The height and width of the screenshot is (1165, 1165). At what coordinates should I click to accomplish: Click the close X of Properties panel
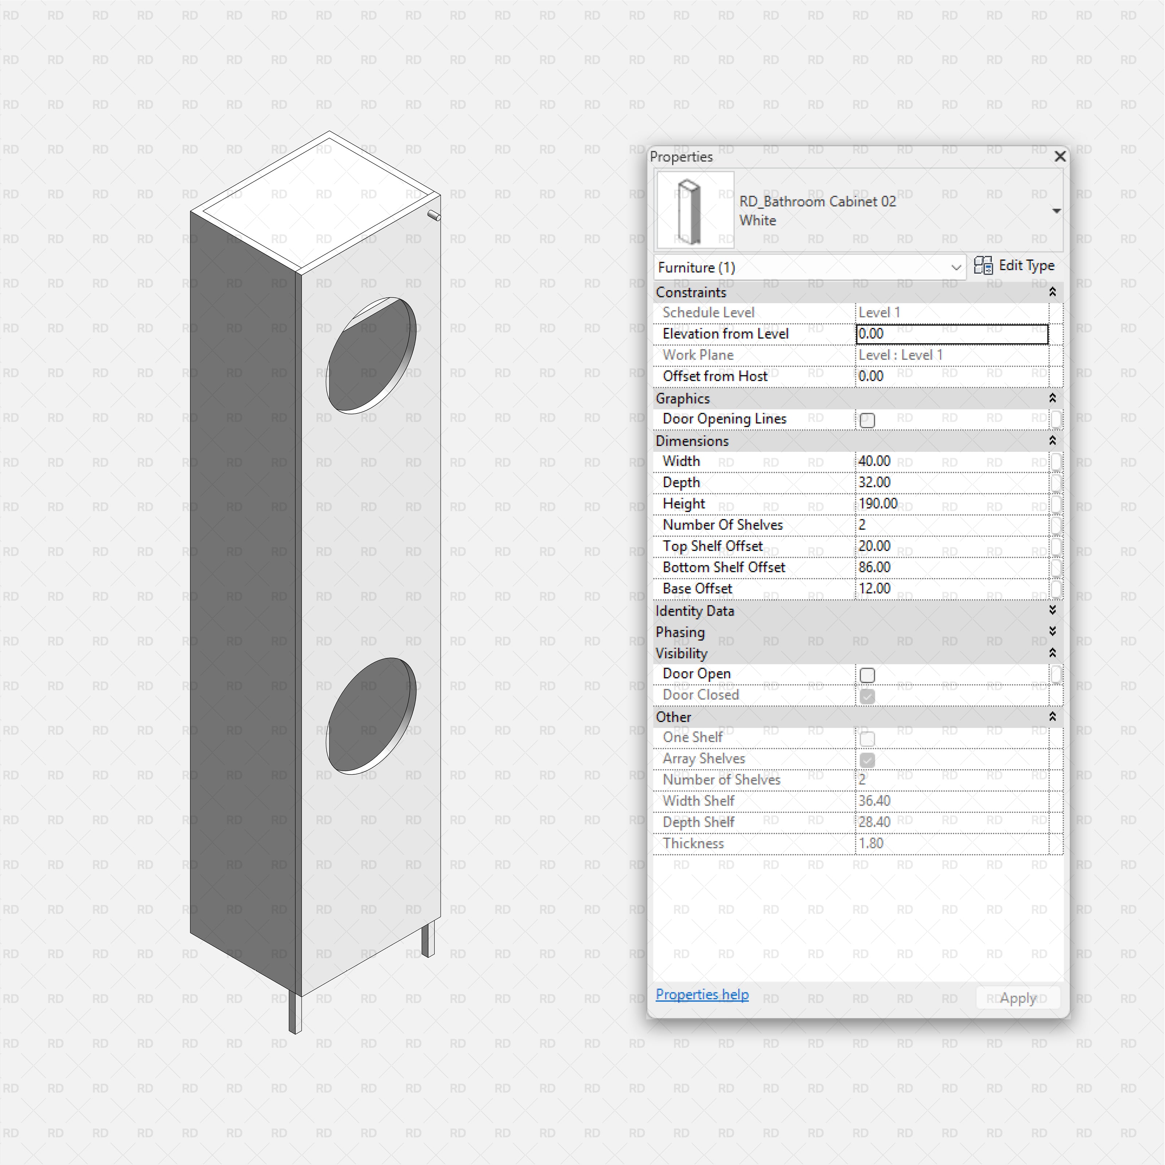(x=1059, y=157)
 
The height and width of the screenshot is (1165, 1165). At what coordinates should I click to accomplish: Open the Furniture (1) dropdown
(x=955, y=268)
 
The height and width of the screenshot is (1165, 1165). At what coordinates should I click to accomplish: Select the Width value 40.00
(x=874, y=461)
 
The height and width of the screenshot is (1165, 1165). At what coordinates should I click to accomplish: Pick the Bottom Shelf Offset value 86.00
(x=874, y=568)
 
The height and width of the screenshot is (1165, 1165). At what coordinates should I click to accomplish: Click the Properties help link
(x=702, y=994)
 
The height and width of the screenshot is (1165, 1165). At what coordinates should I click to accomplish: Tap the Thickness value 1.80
(x=871, y=844)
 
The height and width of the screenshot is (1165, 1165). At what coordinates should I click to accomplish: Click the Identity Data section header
(x=695, y=611)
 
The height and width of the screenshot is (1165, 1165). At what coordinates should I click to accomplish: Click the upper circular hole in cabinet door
(x=370, y=356)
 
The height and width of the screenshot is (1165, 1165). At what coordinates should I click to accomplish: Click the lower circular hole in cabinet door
(x=370, y=716)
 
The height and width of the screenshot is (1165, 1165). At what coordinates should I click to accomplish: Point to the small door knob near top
(x=434, y=215)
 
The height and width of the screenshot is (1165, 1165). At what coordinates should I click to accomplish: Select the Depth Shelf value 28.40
(x=874, y=822)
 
